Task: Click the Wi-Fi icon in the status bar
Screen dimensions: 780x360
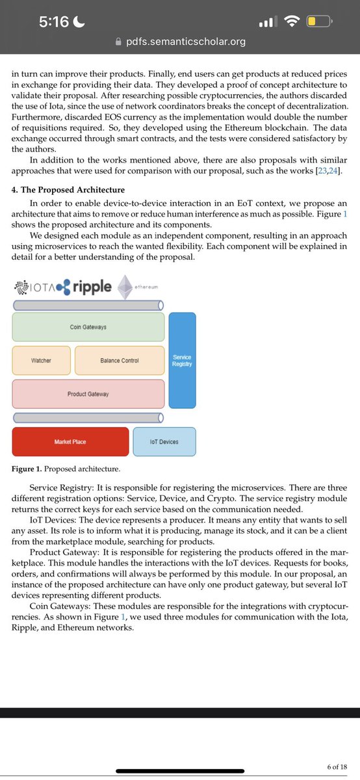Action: [292, 22]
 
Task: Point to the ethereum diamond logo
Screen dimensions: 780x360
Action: [125, 287]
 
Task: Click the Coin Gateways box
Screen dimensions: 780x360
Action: [88, 327]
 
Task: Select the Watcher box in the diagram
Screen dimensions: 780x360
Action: [41, 360]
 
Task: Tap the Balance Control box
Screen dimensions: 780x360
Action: [120, 360]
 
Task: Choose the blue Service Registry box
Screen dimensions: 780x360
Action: [182, 361]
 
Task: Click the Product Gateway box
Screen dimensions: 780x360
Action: [88, 394]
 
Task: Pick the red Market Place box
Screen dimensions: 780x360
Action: [70, 442]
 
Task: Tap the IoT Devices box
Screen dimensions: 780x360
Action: [164, 442]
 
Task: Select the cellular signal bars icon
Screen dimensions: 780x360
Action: [268, 23]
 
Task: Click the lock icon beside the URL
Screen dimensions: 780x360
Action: [118, 42]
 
